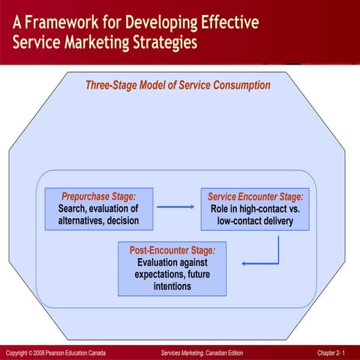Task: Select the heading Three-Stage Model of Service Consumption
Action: coord(178,85)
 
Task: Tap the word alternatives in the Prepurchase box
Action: coord(82,220)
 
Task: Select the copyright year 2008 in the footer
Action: coord(37,352)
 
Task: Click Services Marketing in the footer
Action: coord(184,352)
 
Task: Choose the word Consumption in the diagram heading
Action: coord(239,85)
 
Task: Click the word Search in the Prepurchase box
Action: coord(73,208)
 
